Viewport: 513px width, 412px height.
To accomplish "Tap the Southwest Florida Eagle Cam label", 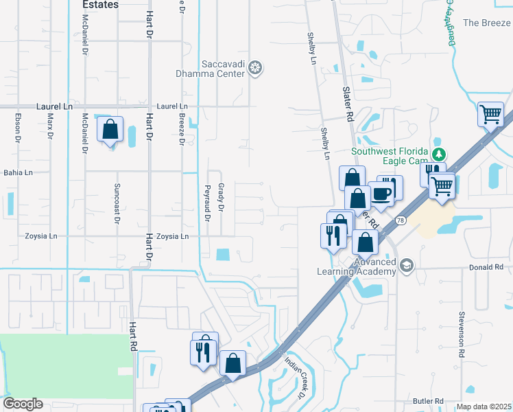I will tap(390, 157).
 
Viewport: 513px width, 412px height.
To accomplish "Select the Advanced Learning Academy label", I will tap(356, 266).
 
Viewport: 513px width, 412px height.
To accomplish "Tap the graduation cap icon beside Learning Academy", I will tap(407, 265).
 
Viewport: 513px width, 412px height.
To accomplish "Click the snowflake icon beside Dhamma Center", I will tap(255, 67).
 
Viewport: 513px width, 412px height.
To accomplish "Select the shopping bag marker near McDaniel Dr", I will tap(110, 130).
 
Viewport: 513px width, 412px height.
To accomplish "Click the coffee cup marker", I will tap(382, 193).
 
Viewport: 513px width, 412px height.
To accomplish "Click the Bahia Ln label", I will tap(19, 173).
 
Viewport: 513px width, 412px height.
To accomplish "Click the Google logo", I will tap(23, 404).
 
